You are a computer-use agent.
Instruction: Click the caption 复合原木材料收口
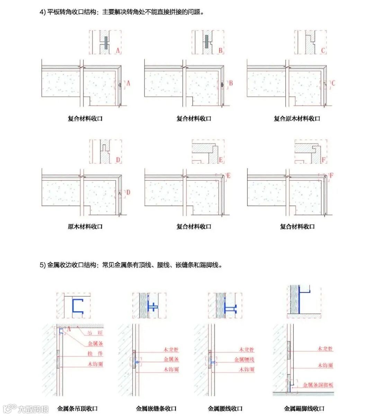tap(297, 119)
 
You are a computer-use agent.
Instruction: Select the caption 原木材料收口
tap(85, 227)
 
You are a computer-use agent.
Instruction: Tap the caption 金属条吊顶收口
tap(77, 409)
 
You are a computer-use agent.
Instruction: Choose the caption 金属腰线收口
tap(225, 409)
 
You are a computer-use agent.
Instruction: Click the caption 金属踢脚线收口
tap(304, 409)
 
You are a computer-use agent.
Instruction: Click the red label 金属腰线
tap(244, 359)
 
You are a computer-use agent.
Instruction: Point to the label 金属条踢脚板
tap(318, 385)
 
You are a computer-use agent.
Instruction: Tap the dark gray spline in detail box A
tap(105, 42)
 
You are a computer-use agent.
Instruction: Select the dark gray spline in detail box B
tap(207, 42)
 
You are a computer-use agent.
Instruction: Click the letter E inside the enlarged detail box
tap(221, 160)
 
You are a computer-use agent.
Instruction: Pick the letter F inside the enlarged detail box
tap(324, 160)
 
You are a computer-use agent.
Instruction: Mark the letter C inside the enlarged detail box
tap(323, 51)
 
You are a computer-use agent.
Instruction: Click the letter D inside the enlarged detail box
tap(118, 160)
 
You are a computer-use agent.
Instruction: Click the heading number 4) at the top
tap(43, 12)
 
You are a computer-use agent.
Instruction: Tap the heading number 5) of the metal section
tap(43, 265)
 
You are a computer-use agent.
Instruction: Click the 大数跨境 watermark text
tap(34, 409)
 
